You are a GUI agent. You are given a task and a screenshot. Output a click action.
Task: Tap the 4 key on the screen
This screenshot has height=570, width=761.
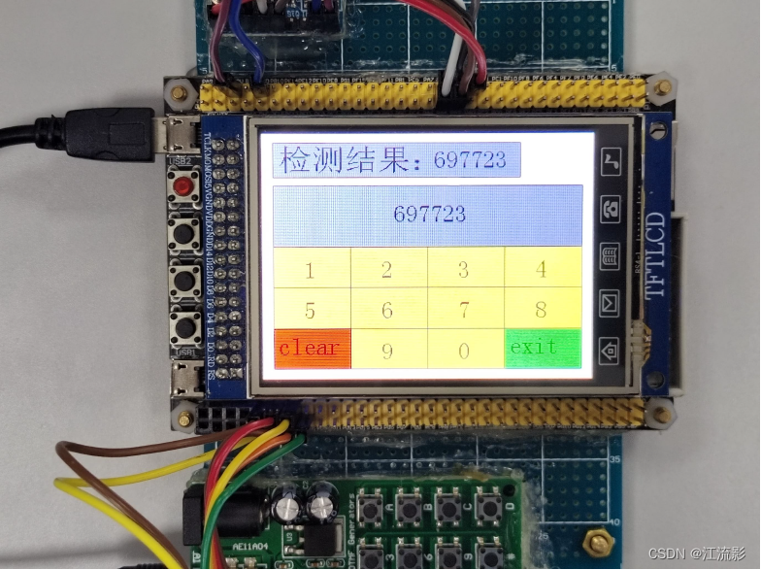tap(542, 268)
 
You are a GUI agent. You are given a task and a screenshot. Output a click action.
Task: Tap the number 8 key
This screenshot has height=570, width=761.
tap(542, 309)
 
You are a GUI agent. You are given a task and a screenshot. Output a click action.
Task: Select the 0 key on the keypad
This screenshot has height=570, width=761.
tap(464, 350)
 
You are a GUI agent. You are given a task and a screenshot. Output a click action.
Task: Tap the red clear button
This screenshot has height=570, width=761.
tap(311, 349)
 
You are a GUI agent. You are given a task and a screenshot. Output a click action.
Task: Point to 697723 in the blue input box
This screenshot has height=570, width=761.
tap(429, 214)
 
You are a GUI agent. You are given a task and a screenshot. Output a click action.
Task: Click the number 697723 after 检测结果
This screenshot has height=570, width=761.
tap(470, 160)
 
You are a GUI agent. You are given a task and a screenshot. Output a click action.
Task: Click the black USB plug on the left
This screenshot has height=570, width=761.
tap(107, 133)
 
